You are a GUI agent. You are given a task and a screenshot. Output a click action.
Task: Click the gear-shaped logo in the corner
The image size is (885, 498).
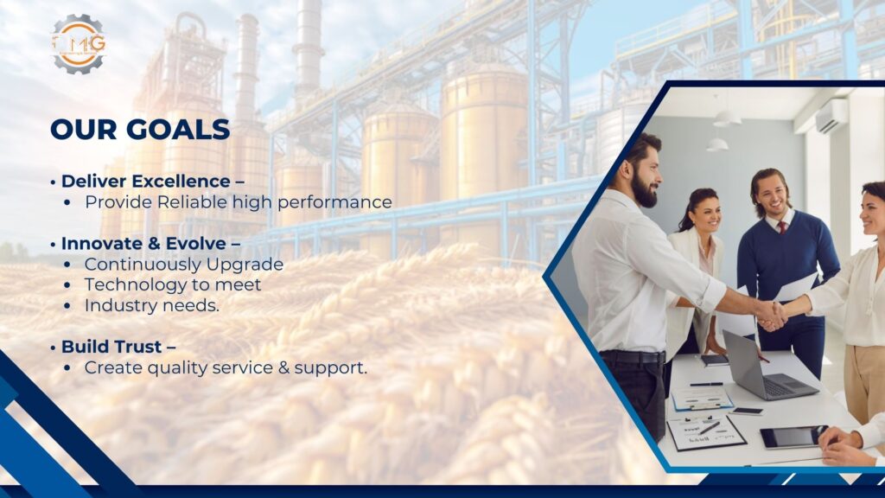79,44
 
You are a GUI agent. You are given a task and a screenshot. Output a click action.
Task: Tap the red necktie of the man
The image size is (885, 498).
781,227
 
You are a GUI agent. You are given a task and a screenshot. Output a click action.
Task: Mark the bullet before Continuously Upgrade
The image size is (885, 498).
67,265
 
